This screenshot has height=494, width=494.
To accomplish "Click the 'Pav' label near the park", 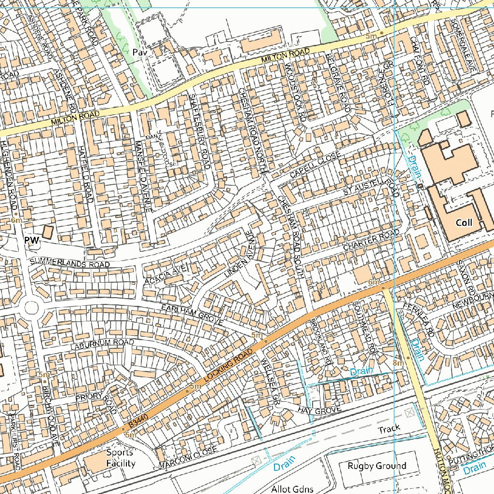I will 139,51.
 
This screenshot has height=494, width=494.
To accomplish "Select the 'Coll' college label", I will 464,223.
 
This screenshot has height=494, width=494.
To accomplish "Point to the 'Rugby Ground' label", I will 377,466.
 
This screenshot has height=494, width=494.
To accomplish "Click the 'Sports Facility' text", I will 121,458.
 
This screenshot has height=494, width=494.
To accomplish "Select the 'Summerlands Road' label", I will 69,263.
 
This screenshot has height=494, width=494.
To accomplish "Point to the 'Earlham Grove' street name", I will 192,315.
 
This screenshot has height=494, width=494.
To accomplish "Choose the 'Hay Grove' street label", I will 319,410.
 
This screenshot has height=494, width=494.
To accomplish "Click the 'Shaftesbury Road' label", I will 199,131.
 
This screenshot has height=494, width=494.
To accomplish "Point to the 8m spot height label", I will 398,362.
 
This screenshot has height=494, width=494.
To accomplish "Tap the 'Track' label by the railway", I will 389,429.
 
